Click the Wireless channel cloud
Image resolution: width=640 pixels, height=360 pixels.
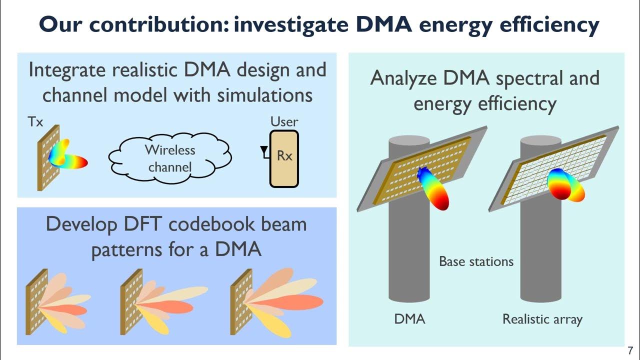pos(170,156)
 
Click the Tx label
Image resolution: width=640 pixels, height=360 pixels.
pos(35,121)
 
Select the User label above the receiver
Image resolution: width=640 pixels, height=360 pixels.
pos(284,121)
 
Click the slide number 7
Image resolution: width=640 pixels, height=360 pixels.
pos(630,350)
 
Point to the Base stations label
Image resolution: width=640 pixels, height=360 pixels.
pos(476,261)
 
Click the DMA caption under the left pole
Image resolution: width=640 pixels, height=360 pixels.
pos(409,318)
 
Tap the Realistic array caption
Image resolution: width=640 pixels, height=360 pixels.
pos(542,318)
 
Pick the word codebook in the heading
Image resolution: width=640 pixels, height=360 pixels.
pos(218,224)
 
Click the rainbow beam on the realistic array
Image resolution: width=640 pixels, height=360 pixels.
pos(565,185)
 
